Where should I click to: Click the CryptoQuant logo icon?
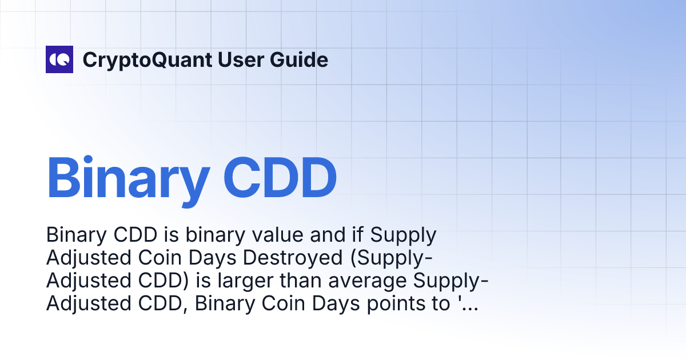pos(59,59)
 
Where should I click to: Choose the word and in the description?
pos(335,235)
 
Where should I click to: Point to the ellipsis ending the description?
pos(469,304)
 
